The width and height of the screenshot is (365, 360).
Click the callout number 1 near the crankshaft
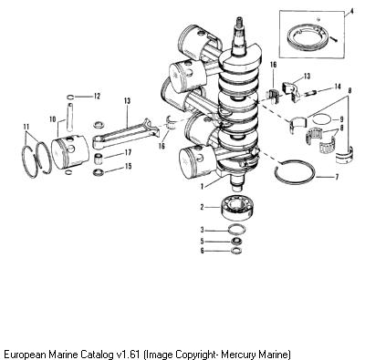click(x=202, y=186)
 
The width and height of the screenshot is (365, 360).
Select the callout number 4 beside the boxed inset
click(x=351, y=11)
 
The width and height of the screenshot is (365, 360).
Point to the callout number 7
click(x=337, y=177)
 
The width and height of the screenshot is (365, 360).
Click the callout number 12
click(x=97, y=97)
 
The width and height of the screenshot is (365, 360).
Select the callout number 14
click(x=337, y=87)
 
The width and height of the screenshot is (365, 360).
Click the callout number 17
click(x=128, y=152)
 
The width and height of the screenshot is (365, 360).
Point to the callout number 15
click(x=129, y=166)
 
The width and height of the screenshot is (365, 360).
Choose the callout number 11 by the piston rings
click(x=26, y=126)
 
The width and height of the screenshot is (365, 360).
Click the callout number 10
click(x=53, y=119)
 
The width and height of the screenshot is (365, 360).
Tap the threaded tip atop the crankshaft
click(x=238, y=21)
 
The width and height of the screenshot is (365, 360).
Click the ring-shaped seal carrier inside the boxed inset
click(x=308, y=36)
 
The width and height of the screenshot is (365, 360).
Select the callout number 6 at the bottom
click(x=202, y=251)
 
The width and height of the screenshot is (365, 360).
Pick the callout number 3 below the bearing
click(x=202, y=230)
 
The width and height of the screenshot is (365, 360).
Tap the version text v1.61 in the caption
click(x=128, y=355)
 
